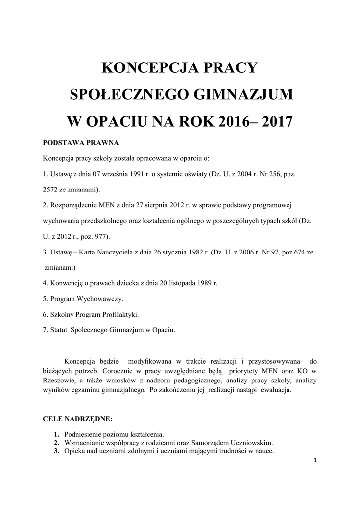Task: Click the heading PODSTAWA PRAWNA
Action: (x=81, y=143)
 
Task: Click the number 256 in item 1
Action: (x=274, y=174)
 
